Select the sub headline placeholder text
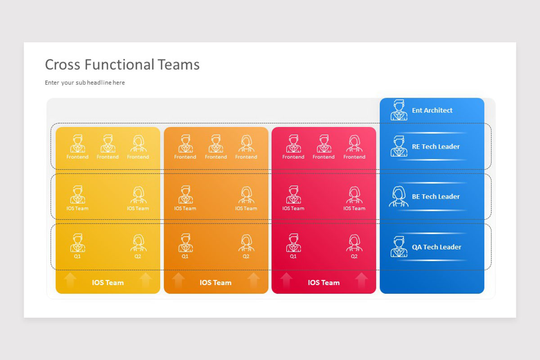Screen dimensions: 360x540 click(x=85, y=83)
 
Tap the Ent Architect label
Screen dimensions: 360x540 click(x=432, y=110)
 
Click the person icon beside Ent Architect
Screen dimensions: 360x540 click(x=399, y=110)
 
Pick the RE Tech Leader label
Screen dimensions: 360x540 click(x=436, y=146)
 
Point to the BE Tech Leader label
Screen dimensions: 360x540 click(x=436, y=197)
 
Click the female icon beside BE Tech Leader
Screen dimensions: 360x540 click(x=399, y=196)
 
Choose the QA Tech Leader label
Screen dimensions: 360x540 click(x=436, y=247)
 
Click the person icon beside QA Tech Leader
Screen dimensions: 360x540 click(x=399, y=247)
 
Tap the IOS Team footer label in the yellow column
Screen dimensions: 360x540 click(x=108, y=283)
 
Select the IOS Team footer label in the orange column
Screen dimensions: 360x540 click(x=216, y=283)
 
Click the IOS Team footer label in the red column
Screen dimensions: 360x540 click(x=324, y=283)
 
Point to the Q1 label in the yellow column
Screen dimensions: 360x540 click(x=77, y=256)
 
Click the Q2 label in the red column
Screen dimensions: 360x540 click(x=354, y=256)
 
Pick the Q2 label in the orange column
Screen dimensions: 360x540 click(x=246, y=256)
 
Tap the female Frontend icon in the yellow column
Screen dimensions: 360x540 click(x=138, y=144)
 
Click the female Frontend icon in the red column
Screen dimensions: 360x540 click(x=354, y=144)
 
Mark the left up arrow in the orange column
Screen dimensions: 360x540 click(x=178, y=280)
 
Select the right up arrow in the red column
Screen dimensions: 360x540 click(x=361, y=280)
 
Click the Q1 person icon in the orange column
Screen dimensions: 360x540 click(x=185, y=243)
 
